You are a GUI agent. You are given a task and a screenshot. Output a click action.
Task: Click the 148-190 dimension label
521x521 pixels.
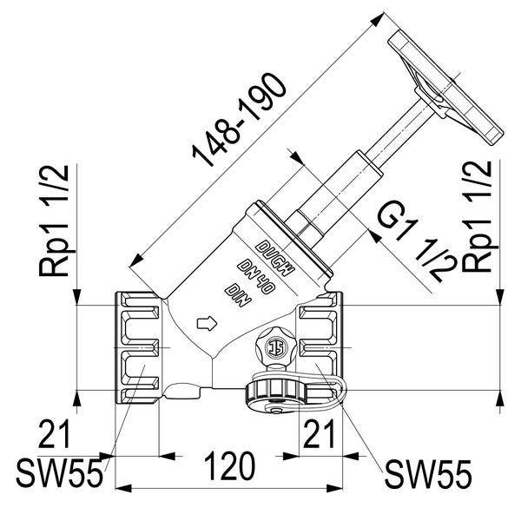pos(240,121)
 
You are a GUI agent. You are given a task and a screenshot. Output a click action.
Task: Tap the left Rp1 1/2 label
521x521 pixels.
pos(54,221)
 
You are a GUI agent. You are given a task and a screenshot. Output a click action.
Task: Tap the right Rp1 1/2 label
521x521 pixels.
pos(477,216)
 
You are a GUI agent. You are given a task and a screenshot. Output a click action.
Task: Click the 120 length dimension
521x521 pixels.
pos(229,466)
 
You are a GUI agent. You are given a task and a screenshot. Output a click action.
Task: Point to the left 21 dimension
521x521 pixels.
pos(55,433)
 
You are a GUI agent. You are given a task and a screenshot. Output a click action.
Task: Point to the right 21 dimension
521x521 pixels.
pos(319,433)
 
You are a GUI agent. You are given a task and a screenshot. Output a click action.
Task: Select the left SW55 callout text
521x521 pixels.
pos(59,473)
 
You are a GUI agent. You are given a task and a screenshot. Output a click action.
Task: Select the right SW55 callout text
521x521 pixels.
pos(428,474)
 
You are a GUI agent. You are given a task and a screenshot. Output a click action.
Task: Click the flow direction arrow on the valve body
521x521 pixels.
pos(207,323)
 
